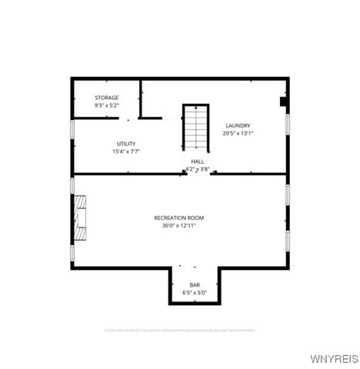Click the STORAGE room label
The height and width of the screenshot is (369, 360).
[107, 98]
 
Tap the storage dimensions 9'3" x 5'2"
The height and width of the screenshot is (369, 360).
[107, 105]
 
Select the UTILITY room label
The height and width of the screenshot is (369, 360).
[126, 144]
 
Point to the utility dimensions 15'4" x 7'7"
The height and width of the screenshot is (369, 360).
[126, 151]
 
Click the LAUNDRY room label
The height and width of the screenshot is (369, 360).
[238, 125]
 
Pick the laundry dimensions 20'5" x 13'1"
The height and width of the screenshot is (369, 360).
[238, 133]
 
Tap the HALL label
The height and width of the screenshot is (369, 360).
[198, 161]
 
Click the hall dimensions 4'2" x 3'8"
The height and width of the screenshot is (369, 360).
[198, 169]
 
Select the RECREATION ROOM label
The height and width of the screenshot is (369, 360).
[179, 218]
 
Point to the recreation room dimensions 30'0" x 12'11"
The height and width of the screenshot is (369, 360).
[179, 226]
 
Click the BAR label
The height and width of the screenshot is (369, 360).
[195, 285]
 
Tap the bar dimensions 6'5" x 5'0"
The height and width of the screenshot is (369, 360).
[195, 293]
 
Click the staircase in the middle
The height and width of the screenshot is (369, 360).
[196, 127]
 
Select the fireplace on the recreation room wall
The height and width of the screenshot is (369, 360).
[79, 214]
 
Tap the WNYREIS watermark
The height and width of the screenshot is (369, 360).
[333, 358]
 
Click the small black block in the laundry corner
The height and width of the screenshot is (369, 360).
[283, 101]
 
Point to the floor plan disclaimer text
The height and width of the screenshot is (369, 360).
[179, 330]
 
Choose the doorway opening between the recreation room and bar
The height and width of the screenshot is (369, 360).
[195, 267]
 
